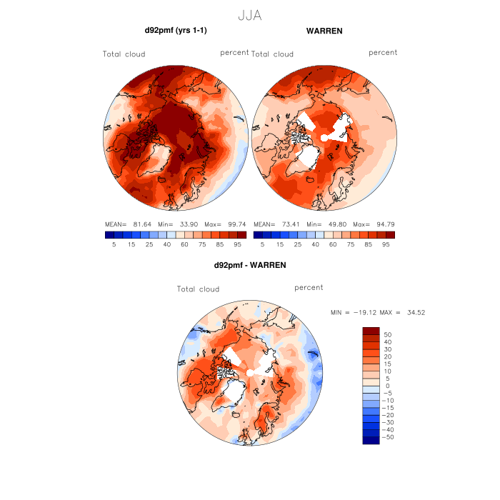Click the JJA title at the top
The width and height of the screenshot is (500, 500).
pyautogui.click(x=249, y=15)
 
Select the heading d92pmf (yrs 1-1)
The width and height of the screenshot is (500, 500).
pyautogui.click(x=176, y=31)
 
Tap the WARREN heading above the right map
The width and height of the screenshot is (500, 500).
pyautogui.click(x=324, y=31)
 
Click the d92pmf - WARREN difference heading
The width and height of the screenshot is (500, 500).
pyautogui.click(x=250, y=265)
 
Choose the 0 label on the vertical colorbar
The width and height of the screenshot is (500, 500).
pyautogui.click(x=387, y=386)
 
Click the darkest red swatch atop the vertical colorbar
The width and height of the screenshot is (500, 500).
pyautogui.click(x=371, y=331)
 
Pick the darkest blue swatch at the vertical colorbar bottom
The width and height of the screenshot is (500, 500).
pyautogui.click(x=371, y=440)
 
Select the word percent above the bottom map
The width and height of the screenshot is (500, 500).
pyautogui.click(x=309, y=287)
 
